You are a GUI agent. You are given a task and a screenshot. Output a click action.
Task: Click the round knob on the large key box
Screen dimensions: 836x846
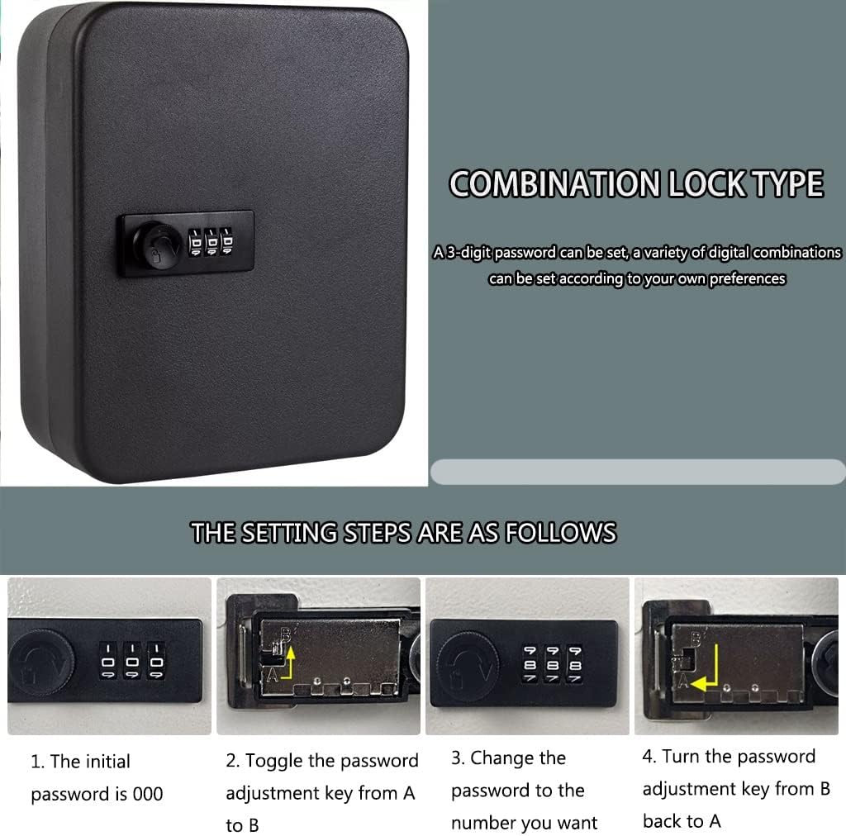162,245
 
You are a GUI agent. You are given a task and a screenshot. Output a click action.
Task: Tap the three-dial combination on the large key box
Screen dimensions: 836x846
209,244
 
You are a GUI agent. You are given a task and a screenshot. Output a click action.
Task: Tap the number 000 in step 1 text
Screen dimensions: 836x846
147,795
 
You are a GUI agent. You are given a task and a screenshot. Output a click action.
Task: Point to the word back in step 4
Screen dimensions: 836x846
662,821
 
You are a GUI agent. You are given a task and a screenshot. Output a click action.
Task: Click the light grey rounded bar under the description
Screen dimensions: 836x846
636,472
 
